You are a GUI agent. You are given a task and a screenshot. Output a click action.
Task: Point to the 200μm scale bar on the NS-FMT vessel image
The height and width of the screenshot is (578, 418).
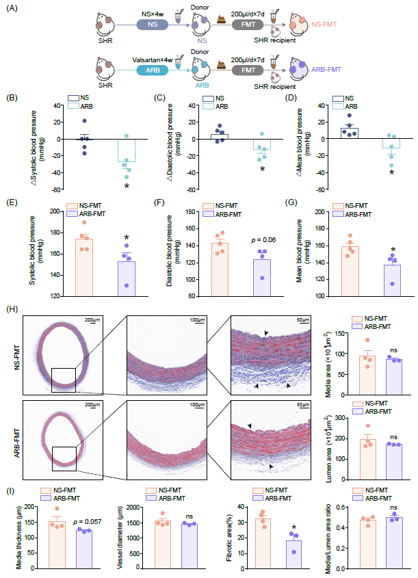[93, 320]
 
